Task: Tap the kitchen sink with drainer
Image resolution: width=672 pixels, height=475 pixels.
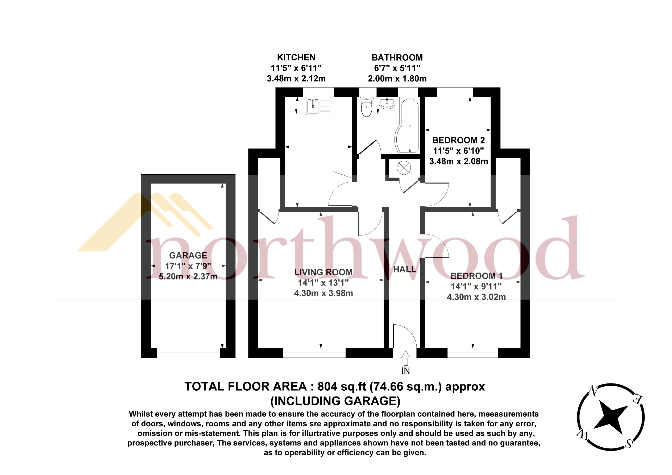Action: coord(318,106)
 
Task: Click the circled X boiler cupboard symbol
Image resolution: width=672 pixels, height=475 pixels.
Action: coord(404,168)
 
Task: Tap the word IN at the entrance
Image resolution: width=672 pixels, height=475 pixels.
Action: coord(405,371)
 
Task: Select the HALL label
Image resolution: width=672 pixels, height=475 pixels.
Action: coord(404,269)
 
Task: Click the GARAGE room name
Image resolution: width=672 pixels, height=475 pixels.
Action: coord(188,255)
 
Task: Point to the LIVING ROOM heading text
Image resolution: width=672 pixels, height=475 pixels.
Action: coord(323,272)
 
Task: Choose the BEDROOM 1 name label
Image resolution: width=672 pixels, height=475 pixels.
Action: coord(476,276)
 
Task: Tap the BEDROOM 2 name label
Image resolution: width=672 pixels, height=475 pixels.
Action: coord(458,140)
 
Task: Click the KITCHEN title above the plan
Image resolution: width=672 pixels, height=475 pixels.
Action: coord(296,57)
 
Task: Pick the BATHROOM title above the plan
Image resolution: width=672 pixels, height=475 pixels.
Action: coord(397,57)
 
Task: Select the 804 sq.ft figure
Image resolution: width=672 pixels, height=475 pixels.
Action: coord(342,387)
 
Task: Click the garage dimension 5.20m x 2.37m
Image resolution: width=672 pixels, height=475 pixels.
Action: coord(188,276)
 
